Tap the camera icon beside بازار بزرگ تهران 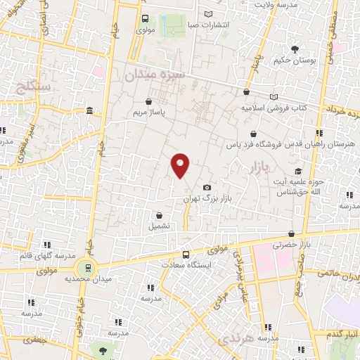coord(207,187)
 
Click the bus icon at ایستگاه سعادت coord(186,255)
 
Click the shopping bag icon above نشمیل coord(160,215)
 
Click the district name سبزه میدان coord(155,74)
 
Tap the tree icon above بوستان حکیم coord(295,49)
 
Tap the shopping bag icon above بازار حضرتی coord(291,233)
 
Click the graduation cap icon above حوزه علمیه coord(299,171)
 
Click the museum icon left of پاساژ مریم coord(89,111)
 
